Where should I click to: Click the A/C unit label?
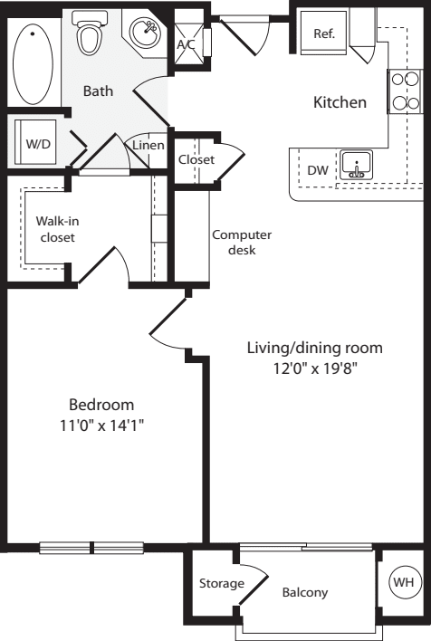coord(187,43)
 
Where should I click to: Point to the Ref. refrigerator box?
coord(324,33)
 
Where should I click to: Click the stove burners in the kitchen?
coord(404,91)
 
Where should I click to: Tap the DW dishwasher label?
coord(317,169)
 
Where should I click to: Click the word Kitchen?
coord(340,102)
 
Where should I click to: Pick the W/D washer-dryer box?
coord(37,143)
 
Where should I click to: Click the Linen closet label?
coord(147,145)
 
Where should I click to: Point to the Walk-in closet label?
coord(55,228)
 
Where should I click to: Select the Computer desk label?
coord(242,242)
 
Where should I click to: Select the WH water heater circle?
coord(400,581)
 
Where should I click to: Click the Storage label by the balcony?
coord(222,584)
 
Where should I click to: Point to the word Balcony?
coord(304,593)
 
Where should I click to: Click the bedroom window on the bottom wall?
coord(91,547)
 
